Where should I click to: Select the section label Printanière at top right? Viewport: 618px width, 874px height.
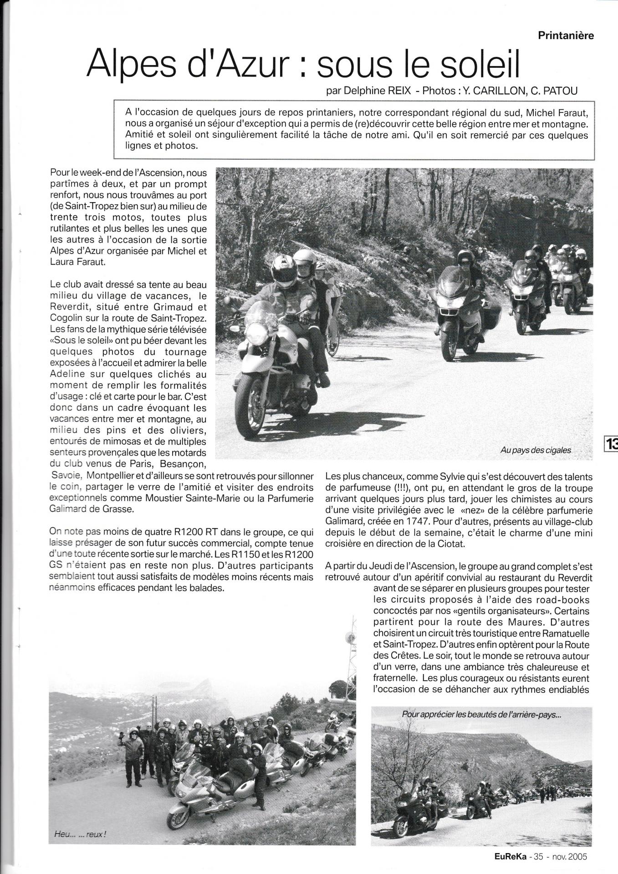pos(566,36)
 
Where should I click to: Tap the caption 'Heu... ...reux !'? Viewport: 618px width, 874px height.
pos(80,834)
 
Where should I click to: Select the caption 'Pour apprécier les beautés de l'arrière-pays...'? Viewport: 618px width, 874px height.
pos(482,715)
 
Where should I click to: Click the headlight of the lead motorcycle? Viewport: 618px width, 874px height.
pos(257,333)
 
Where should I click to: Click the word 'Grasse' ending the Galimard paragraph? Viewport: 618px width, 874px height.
pos(121,509)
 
